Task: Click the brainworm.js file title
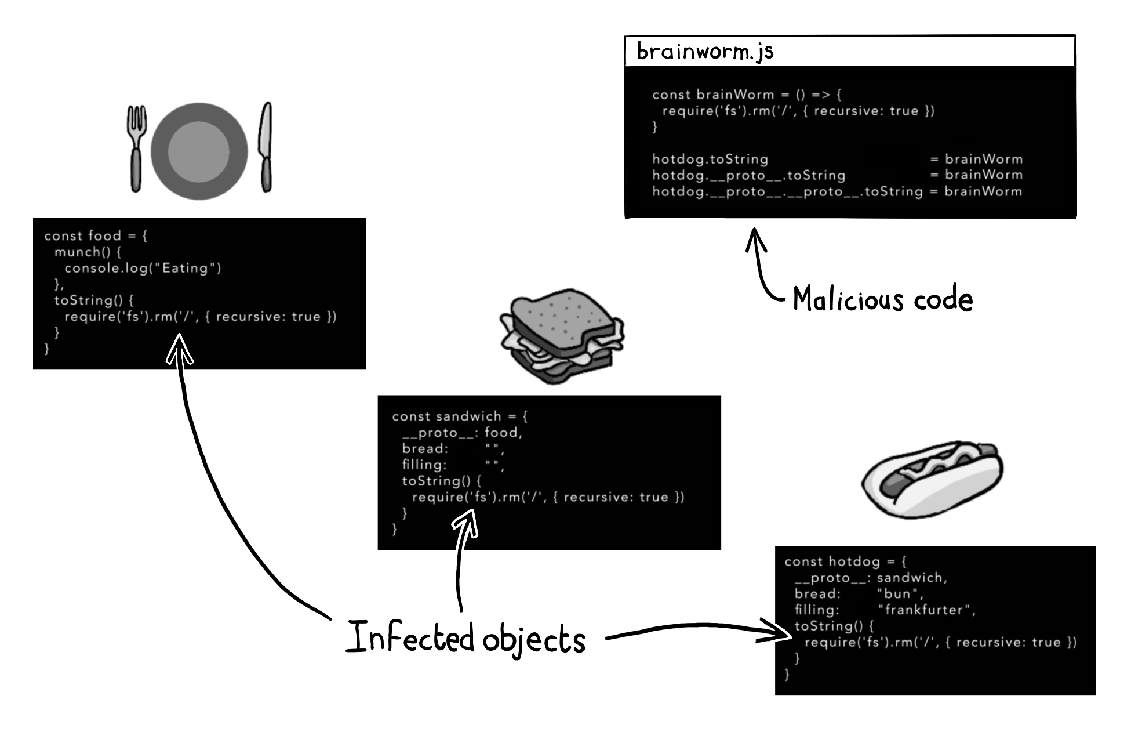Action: [705, 51]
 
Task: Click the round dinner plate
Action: [199, 151]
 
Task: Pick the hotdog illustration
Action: [932, 478]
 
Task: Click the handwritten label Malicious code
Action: [882, 299]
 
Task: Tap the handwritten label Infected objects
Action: [465, 637]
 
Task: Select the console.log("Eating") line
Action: [143, 268]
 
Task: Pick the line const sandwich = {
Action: [460, 416]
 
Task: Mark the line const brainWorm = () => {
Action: [747, 95]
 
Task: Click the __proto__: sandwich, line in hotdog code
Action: [871, 577]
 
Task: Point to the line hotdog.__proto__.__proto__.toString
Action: [787, 191]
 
